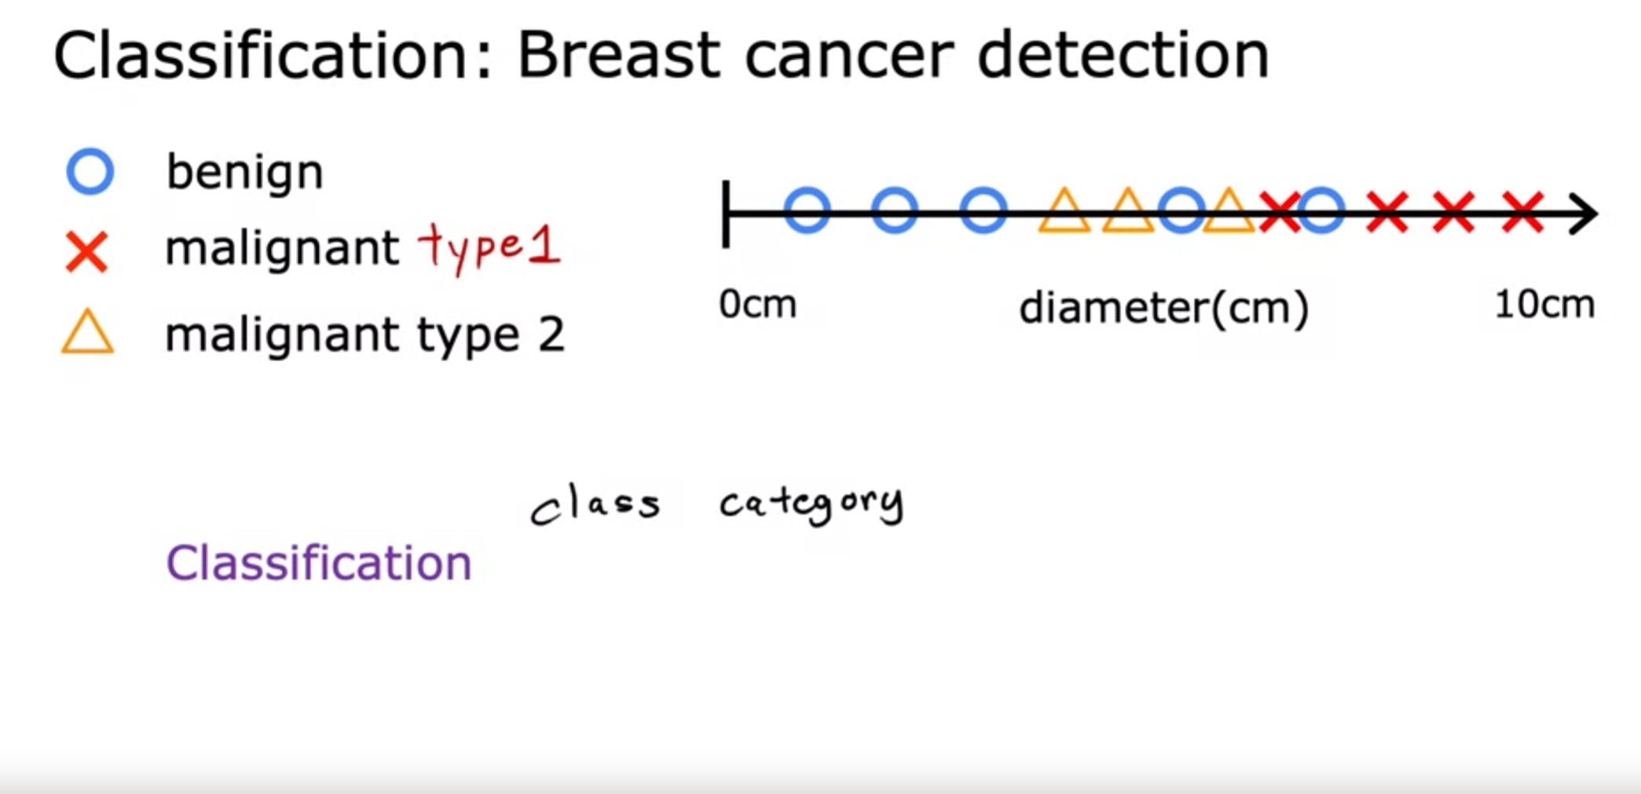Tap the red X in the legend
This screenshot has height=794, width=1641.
coord(86,252)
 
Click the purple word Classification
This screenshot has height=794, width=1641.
coord(318,563)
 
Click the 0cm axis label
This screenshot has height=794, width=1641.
coord(757,304)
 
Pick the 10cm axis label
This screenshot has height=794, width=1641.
coord(1544,304)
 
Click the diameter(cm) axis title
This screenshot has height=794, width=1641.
coord(1163,308)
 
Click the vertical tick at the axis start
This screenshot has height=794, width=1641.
coord(727,214)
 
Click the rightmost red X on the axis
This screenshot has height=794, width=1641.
coord(1522,212)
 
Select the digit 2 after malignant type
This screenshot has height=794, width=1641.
coord(551,335)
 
